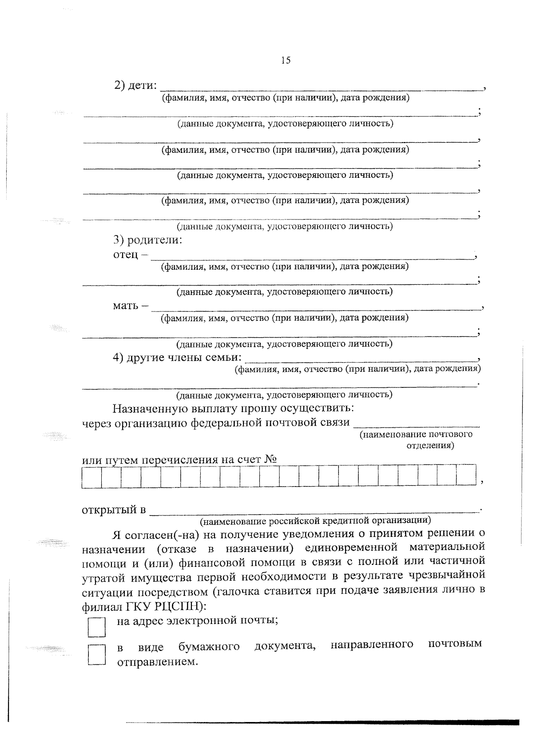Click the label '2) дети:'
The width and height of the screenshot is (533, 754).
pyautogui.click(x=136, y=85)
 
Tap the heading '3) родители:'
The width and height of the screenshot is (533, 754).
pyautogui.click(x=148, y=240)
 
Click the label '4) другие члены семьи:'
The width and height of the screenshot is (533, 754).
pyautogui.click(x=177, y=358)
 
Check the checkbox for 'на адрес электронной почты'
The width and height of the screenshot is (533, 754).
pyautogui.click(x=96, y=627)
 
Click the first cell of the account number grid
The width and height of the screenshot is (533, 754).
pyautogui.click(x=91, y=476)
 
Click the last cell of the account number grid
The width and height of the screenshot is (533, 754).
pyautogui.click(x=466, y=476)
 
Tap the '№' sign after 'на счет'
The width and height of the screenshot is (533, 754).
pyautogui.click(x=270, y=459)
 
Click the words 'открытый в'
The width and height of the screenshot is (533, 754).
pyautogui.click(x=114, y=510)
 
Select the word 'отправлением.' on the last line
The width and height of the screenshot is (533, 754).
pyautogui.click(x=157, y=662)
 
